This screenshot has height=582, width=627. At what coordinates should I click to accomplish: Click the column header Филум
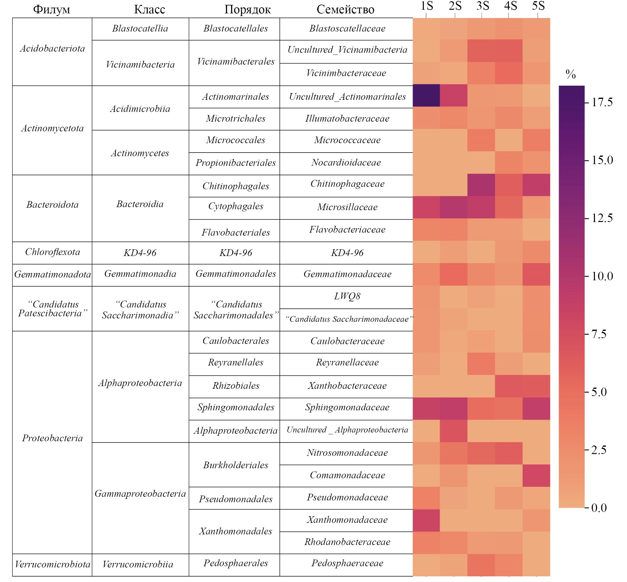(51, 9)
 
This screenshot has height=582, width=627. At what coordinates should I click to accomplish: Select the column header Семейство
(345, 9)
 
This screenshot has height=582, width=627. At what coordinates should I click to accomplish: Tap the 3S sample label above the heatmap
(482, 6)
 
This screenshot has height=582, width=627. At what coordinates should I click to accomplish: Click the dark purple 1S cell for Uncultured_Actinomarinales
(426, 96)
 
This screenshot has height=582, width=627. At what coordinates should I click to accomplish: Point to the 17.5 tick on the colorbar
(602, 102)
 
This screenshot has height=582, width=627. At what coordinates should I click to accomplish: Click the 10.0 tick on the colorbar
(602, 277)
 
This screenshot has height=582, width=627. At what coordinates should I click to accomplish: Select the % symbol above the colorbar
(570, 74)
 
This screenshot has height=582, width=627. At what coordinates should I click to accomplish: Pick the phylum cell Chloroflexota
(52, 252)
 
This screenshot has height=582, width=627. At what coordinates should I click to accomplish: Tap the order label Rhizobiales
(236, 386)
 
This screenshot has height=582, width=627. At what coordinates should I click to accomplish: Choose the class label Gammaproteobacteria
(140, 493)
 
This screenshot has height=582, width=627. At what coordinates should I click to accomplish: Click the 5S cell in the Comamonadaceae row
(536, 475)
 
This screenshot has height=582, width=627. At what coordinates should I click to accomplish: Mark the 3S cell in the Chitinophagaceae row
(481, 185)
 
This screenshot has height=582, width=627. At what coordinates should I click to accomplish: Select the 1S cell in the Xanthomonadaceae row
(426, 520)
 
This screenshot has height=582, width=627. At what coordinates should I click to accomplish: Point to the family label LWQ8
(347, 296)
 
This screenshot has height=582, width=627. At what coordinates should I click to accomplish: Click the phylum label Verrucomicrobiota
(52, 564)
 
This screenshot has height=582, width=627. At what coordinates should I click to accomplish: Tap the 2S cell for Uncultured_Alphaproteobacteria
(453, 431)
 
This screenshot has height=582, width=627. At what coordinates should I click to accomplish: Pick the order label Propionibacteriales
(236, 163)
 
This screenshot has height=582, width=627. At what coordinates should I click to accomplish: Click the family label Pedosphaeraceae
(347, 563)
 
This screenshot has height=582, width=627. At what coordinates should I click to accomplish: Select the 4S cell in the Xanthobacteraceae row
(508, 386)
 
